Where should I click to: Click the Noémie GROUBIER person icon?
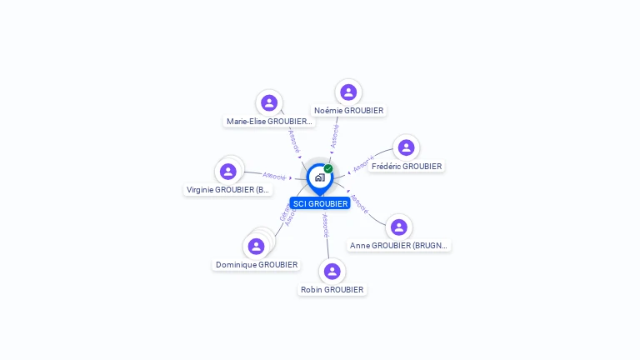click(x=348, y=92)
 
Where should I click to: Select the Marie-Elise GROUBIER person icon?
click(x=268, y=102)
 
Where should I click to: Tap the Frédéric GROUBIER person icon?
click(x=406, y=147)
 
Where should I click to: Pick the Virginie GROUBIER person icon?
click(x=227, y=171)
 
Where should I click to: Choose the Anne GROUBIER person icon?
click(x=399, y=227)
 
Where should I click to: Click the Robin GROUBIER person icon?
click(x=332, y=271)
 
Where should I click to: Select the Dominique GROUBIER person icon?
click(x=256, y=246)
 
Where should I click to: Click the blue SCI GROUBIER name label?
click(x=320, y=203)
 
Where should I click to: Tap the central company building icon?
click(x=319, y=177)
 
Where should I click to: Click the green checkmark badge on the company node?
click(x=328, y=168)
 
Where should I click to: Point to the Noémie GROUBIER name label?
click(x=348, y=110)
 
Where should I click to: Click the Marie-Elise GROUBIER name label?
click(x=269, y=121)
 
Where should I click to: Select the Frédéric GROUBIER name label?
click(x=407, y=166)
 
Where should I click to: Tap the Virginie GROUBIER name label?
click(x=228, y=189)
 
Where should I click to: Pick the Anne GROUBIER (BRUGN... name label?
click(x=399, y=245)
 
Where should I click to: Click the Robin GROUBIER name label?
click(x=332, y=289)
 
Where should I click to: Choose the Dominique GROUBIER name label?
click(x=257, y=264)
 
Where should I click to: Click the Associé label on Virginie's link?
click(x=274, y=176)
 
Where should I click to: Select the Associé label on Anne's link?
click(x=359, y=204)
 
